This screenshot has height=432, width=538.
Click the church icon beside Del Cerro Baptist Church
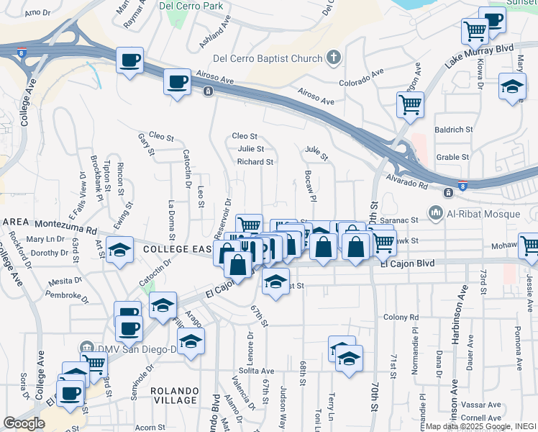[x=334, y=56]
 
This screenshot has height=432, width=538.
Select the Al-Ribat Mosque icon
[x=436, y=212]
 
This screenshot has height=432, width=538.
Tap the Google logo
[x=24, y=423]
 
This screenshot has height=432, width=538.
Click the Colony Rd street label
[x=401, y=317]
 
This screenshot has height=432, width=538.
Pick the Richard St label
[x=255, y=162]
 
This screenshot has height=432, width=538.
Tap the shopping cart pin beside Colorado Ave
[x=410, y=106]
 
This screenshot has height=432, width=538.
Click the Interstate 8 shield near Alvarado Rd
[x=462, y=184]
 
